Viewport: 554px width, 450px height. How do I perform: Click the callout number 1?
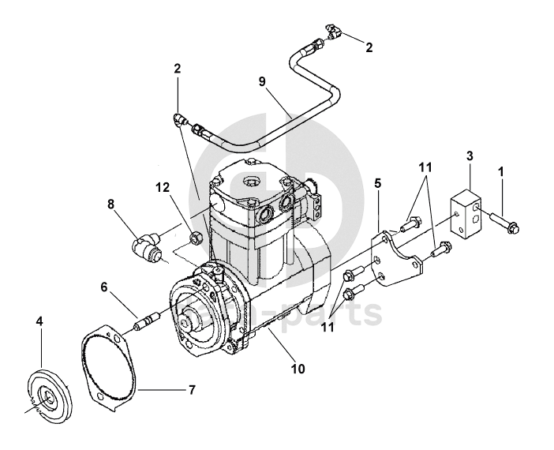tap(500, 171)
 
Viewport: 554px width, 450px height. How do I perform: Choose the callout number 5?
tap(377, 183)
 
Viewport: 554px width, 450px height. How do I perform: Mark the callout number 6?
tap(103, 288)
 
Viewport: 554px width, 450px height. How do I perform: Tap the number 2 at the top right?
tap(368, 47)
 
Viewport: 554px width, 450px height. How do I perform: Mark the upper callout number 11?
tap(425, 168)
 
